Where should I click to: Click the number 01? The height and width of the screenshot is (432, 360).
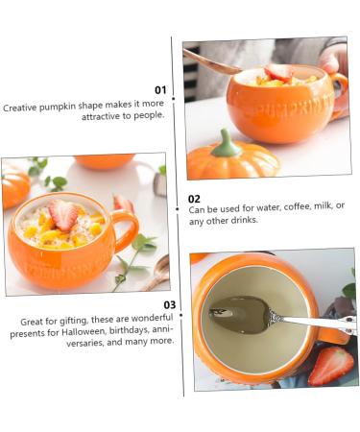coord(160,90)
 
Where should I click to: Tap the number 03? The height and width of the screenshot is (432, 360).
coord(169,305)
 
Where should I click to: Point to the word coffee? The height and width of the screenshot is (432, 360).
coord(275,206)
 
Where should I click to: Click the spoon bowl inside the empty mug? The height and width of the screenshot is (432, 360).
coord(236,314)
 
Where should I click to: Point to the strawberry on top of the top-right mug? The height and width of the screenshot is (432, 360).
coord(279,72)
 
